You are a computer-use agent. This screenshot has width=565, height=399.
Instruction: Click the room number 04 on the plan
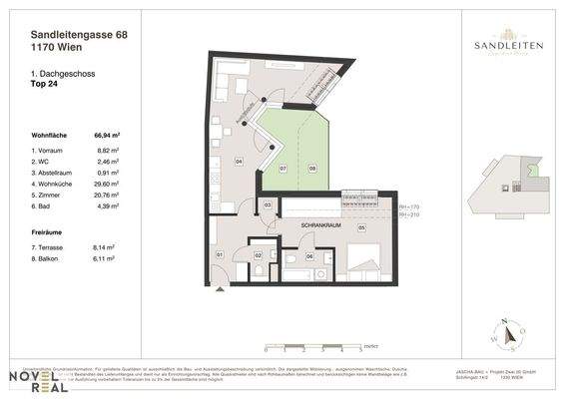pyautogui.click(x=239, y=161)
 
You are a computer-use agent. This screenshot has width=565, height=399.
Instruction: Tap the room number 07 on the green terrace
pyautogui.click(x=282, y=168)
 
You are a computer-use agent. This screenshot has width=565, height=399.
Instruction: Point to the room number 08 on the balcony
pyautogui.click(x=312, y=168)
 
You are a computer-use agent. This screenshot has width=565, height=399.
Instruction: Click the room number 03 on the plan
pyautogui.click(x=268, y=204)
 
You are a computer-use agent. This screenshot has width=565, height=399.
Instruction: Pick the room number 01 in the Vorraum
pyautogui.click(x=221, y=255)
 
